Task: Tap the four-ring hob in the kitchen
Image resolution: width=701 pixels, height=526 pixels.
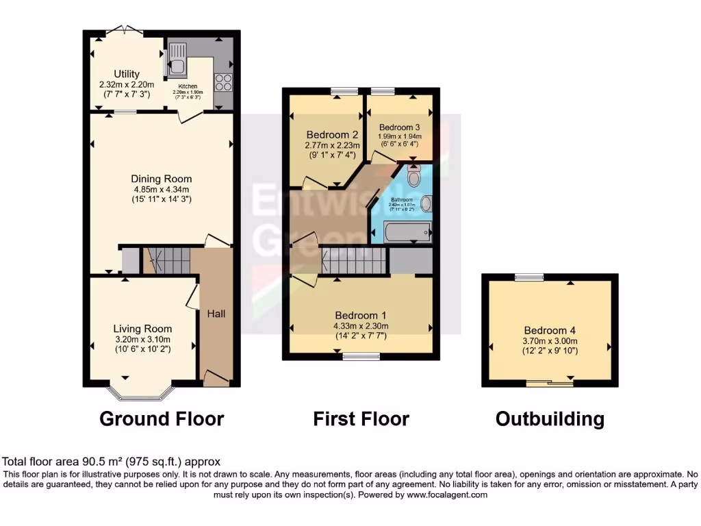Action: (x=223, y=83)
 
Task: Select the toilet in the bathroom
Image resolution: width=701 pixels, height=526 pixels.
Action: (x=414, y=176)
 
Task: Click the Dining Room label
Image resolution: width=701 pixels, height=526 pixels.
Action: (x=162, y=179)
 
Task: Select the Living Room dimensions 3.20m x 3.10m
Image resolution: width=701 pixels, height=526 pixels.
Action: (x=142, y=339)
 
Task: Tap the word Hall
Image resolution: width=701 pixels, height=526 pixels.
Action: (x=216, y=314)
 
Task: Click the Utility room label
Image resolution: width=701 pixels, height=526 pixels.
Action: (x=127, y=74)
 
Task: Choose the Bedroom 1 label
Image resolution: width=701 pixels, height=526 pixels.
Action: (x=360, y=316)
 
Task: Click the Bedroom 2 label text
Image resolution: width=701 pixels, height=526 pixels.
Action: (x=333, y=134)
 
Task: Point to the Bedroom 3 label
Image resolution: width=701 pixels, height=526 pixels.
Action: (x=400, y=127)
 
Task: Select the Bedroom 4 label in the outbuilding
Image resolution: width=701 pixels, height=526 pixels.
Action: (x=551, y=329)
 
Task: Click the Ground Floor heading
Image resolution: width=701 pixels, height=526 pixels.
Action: (x=162, y=418)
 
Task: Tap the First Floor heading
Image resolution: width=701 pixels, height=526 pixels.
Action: (x=361, y=418)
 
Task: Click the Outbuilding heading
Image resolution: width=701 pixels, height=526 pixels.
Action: (x=550, y=418)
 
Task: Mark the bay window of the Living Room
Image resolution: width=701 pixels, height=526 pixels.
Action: (x=140, y=394)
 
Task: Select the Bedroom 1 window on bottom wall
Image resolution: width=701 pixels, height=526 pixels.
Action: (x=361, y=356)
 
